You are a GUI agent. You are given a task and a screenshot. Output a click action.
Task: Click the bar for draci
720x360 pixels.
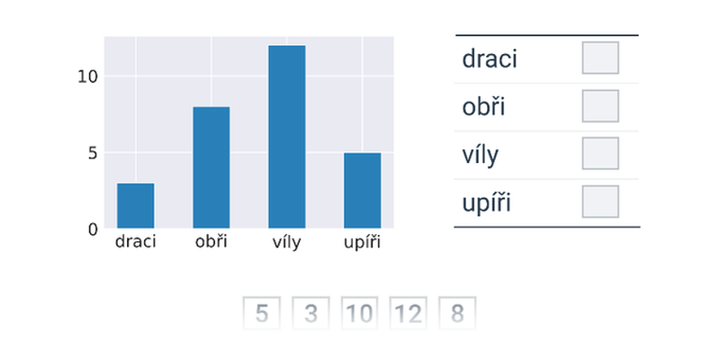[136, 205]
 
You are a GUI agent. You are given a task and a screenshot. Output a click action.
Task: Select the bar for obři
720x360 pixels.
[211, 167]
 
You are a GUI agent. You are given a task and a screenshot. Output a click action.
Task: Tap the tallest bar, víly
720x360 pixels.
[287, 137]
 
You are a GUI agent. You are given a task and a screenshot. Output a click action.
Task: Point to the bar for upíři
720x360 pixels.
[363, 190]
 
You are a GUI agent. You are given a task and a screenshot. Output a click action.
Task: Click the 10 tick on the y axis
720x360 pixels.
[87, 76]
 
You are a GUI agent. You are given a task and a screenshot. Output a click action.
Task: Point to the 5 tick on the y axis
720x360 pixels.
[94, 153]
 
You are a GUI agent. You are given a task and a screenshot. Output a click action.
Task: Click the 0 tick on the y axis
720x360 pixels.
[94, 229]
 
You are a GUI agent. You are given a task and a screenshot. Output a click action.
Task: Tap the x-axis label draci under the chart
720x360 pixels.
[136, 241]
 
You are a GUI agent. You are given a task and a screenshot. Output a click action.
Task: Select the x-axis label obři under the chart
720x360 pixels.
[211, 241]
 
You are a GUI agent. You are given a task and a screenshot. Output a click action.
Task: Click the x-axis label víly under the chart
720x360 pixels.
[287, 242]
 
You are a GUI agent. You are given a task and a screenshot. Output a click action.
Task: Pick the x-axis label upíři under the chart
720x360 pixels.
[363, 242]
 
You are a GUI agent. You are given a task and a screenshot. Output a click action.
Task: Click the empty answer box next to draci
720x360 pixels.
[600, 58]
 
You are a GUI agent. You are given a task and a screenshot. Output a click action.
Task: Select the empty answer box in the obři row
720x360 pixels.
[600, 106]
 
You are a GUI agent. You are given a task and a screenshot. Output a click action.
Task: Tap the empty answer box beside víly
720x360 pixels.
[600, 153]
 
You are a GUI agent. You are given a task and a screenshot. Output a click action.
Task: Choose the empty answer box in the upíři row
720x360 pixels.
[600, 202]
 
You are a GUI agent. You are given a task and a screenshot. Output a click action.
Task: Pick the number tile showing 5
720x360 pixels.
[262, 313]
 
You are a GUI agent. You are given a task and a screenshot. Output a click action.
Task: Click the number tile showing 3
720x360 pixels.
[310, 313]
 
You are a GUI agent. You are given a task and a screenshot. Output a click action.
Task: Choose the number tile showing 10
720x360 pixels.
[359, 313]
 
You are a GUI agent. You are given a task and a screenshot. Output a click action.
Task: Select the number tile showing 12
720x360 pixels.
[409, 313]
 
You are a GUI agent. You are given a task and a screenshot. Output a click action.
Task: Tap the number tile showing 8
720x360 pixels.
[457, 313]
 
